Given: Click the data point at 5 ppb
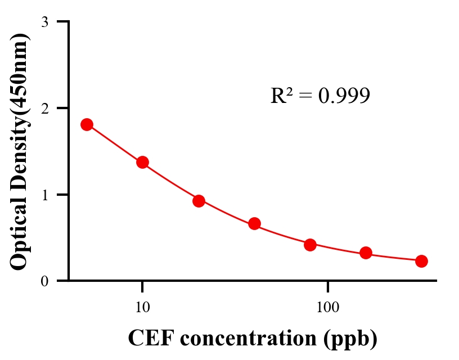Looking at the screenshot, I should point(87,124).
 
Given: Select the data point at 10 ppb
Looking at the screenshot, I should point(142,162).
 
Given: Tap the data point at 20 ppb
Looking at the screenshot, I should point(199,201).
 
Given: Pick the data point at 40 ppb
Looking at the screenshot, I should point(254,223).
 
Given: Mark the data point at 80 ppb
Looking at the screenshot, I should point(310,245).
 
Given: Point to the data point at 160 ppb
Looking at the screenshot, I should point(366,253).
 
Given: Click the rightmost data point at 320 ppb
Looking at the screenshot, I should point(421,261).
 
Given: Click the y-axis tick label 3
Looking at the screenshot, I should point(44,22).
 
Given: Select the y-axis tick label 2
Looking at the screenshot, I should point(44,108).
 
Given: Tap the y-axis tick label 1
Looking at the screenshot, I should point(44,195).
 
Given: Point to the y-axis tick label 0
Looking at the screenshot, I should point(44,281).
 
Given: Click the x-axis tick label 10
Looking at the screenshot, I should point(142,307).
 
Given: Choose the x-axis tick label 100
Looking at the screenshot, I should point(327,307).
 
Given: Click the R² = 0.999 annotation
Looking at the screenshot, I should point(320,96).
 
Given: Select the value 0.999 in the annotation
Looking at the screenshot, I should point(344,96).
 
